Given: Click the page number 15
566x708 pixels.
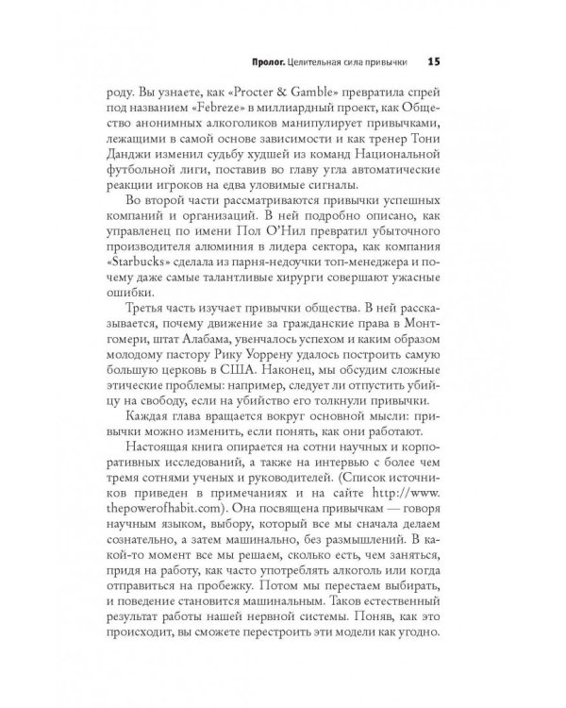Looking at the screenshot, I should point(435,62).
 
